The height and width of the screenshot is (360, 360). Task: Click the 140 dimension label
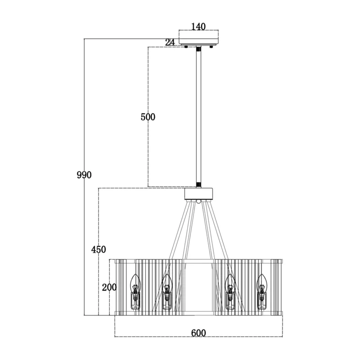[198, 27]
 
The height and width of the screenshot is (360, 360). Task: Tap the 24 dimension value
[170, 42]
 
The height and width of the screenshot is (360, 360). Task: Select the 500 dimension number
[148, 117]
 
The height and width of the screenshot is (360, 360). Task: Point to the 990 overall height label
[84, 175]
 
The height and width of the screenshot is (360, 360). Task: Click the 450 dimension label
[99, 249]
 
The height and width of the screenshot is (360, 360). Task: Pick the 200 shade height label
[109, 287]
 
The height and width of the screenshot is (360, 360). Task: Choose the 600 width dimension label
[198, 333]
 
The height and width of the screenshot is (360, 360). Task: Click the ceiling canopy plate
[199, 37]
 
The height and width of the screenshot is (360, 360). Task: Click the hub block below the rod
[199, 194]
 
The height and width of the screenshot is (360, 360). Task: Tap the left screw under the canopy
[186, 47]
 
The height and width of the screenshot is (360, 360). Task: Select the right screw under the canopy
[211, 47]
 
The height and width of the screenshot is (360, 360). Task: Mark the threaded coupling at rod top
[198, 49]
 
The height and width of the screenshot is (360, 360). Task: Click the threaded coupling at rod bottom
[198, 185]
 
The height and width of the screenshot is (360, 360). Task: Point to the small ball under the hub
[199, 201]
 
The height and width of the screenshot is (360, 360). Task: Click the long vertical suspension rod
[198, 117]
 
